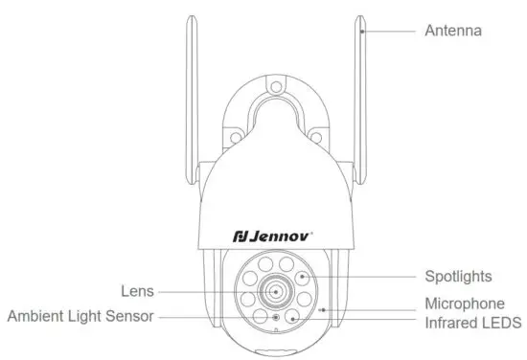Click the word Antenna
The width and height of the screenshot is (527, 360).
coord(452,31)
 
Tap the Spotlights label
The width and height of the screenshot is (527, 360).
coord(458,276)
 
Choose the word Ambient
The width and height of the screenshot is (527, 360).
coord(39,315)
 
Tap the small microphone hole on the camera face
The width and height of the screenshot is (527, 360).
coord(323,309)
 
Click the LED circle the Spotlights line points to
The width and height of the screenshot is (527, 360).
coord(301,276)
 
